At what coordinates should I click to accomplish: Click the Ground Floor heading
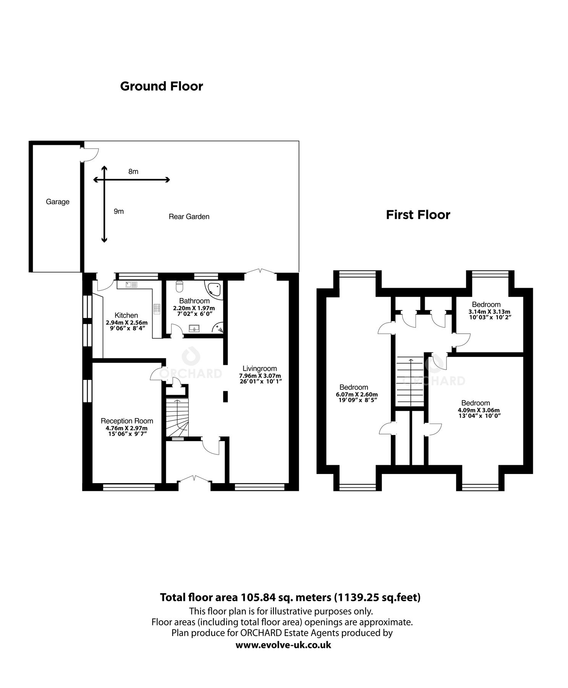(161, 86)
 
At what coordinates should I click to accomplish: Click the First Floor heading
(418, 214)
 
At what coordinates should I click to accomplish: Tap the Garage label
(58, 201)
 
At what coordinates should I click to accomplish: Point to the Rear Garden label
(189, 216)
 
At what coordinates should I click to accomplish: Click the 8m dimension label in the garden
(133, 172)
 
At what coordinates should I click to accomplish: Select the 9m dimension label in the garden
(119, 211)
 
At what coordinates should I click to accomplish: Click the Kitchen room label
(126, 315)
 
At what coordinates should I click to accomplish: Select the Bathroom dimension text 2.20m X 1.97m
(194, 308)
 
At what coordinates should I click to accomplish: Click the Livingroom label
(260, 368)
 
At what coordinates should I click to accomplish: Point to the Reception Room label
(127, 420)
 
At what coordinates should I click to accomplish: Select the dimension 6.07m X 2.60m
(354, 394)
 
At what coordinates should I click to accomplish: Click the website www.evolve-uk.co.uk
(283, 645)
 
